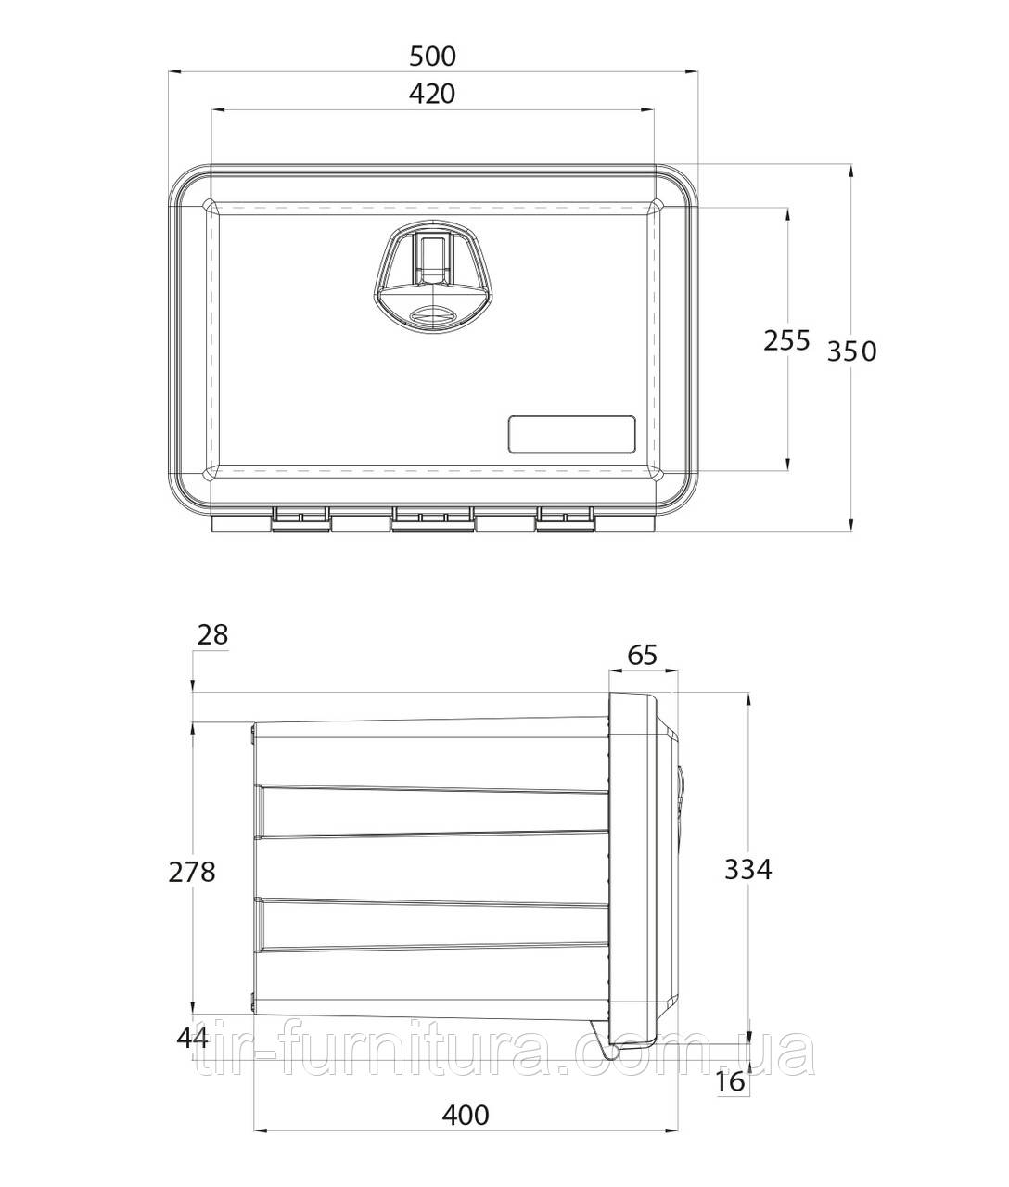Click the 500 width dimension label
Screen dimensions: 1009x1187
[433, 57]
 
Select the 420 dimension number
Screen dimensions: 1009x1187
[432, 94]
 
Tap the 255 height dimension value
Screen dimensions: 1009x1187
[786, 340]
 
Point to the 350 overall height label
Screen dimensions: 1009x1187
[851, 351]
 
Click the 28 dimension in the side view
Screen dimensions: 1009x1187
[212, 635]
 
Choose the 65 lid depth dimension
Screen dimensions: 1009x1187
[642, 655]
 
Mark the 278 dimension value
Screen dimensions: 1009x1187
[192, 872]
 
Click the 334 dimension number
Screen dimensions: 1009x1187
[747, 870]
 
